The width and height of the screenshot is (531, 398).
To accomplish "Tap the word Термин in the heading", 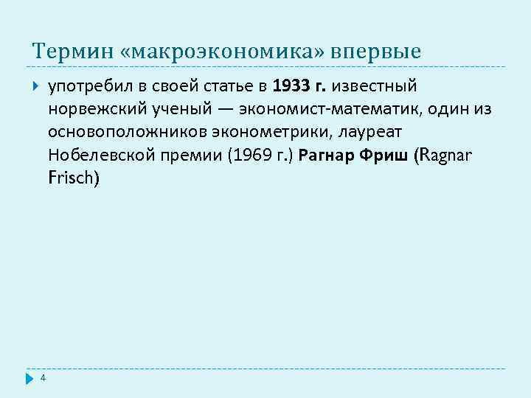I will coord(72,52).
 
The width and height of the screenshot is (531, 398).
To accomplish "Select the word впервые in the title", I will coord(377,52).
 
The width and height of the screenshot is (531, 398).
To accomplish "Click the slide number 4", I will coord(44,377).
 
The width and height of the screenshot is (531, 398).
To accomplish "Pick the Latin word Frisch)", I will coord(73,178).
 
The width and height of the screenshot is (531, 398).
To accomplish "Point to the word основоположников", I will coord(128,133).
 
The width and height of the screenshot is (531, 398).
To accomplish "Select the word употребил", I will coord(89,87).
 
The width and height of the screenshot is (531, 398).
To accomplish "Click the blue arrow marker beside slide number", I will coord(29,378).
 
